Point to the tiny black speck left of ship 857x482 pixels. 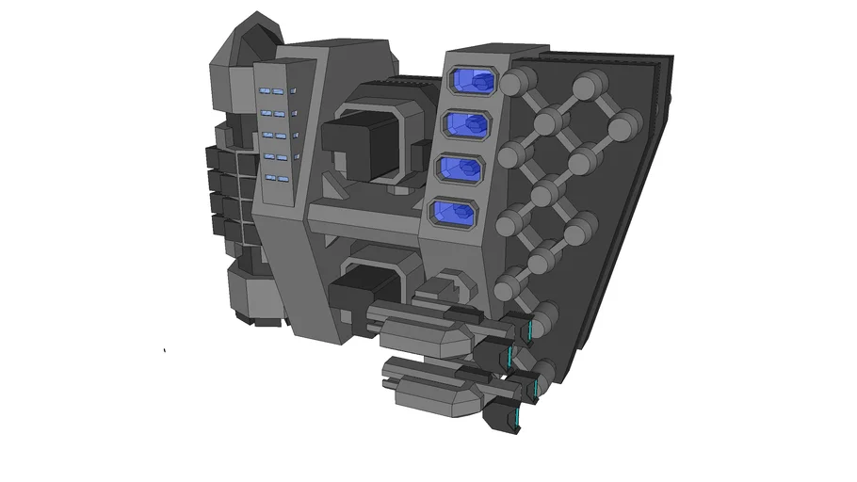(x=165, y=351)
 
